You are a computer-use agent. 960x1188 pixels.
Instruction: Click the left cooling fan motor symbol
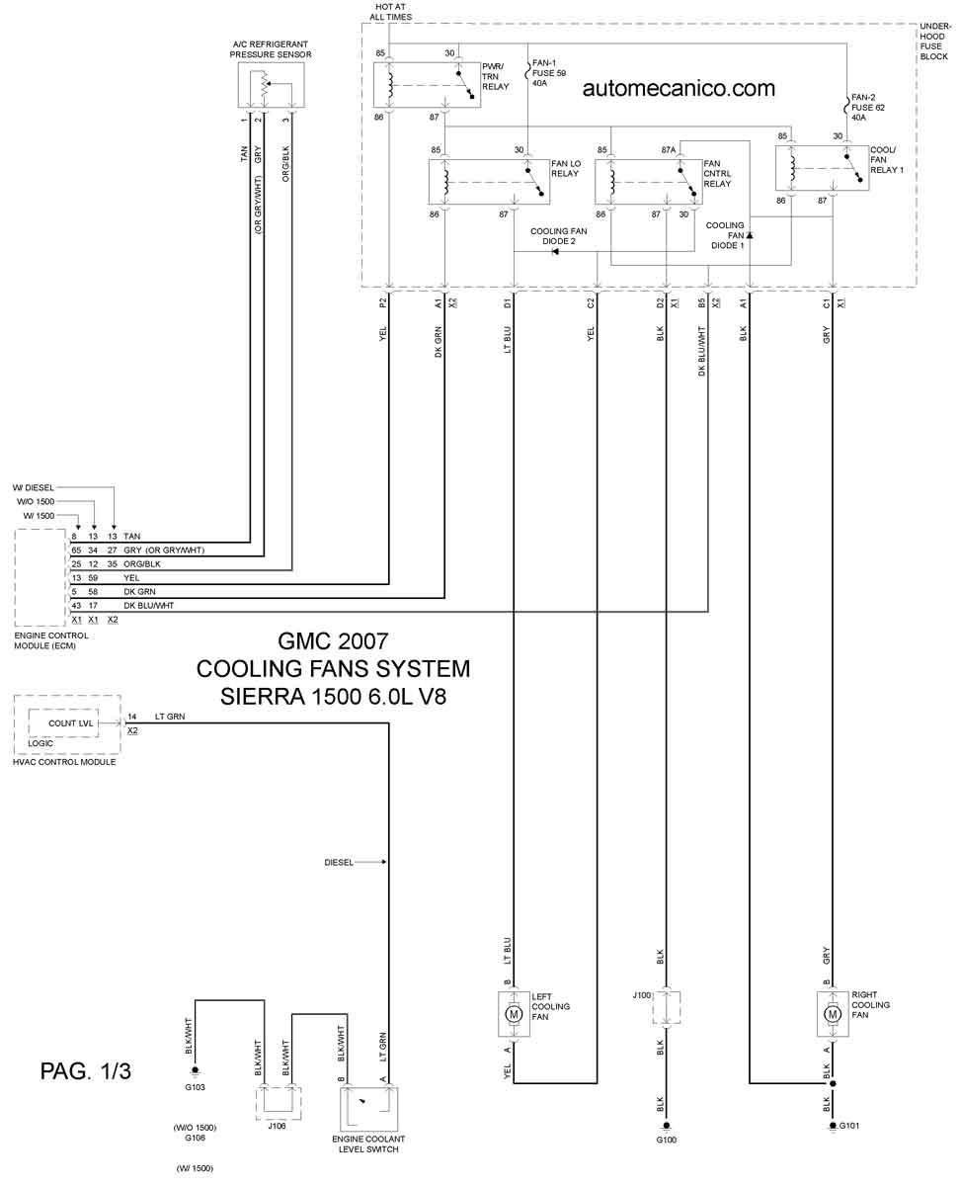click(x=514, y=1013)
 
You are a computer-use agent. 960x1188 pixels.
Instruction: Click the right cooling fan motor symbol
click(x=833, y=1013)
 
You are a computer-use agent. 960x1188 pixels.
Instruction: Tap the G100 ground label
click(x=666, y=1140)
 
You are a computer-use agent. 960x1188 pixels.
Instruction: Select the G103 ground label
click(x=195, y=1087)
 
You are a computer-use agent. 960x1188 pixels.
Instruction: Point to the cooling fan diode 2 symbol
click(x=555, y=252)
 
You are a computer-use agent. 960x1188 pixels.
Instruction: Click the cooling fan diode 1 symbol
click(x=750, y=235)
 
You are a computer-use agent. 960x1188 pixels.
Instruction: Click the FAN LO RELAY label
click(x=566, y=168)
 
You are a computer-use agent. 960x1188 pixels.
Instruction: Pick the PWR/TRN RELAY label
click(x=496, y=76)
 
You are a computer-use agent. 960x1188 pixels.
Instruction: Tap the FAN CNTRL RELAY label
click(x=717, y=174)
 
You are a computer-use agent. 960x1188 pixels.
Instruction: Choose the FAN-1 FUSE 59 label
click(x=549, y=73)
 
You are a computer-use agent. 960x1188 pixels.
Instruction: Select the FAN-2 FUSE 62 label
click(x=868, y=108)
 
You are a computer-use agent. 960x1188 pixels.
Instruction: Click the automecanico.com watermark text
click(x=679, y=88)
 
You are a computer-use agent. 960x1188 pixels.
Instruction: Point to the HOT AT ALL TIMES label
click(x=390, y=12)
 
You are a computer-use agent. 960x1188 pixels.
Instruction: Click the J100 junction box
click(x=666, y=1008)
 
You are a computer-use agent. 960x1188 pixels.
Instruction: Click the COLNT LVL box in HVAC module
click(x=63, y=723)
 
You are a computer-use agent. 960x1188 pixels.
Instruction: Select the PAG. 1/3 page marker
click(x=86, y=1070)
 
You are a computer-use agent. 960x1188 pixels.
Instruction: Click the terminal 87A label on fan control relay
click(x=668, y=150)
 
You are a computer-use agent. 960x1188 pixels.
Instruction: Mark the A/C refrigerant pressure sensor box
click(x=271, y=85)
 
